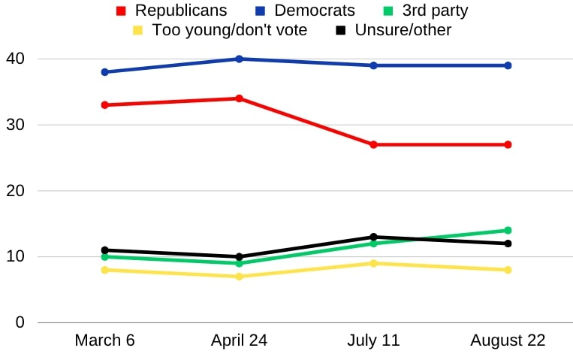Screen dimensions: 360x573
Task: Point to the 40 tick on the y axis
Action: click(17, 59)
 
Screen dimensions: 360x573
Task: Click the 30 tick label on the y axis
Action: click(17, 125)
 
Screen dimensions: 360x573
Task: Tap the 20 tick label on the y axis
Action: click(17, 191)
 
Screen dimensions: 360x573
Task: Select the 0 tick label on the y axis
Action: click(20, 322)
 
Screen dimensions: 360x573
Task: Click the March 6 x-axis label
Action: click(105, 340)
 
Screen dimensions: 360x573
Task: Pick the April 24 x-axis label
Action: click(239, 340)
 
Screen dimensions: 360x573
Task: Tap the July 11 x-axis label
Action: click(373, 340)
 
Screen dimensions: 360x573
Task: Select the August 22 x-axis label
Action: click(508, 340)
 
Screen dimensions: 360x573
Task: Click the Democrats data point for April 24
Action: click(239, 59)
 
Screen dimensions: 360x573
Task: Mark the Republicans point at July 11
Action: click(373, 144)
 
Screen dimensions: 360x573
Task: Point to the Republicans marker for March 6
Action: click(105, 105)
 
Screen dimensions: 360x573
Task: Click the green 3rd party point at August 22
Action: click(508, 231)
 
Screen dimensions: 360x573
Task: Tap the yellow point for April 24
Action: click(239, 277)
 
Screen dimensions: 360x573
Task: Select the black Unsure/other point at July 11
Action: click(373, 237)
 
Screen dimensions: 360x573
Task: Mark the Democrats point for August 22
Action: click(508, 65)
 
